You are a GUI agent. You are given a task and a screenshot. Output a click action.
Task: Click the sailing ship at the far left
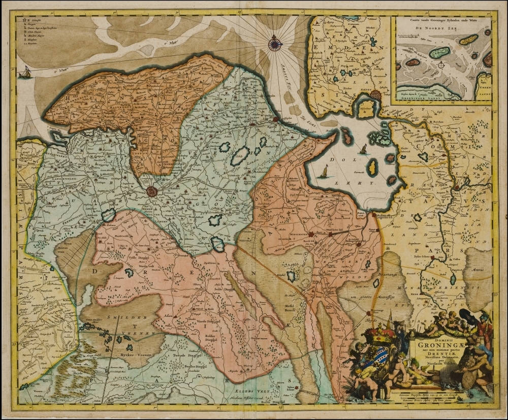[x=23, y=74]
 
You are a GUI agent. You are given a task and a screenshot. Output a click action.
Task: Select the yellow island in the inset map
[x=468, y=39]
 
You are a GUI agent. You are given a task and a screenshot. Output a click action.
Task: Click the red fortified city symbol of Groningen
[x=151, y=191]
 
